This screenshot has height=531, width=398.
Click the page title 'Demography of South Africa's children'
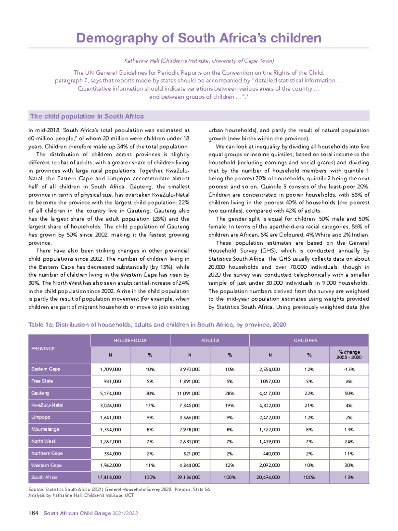click(x=199, y=38)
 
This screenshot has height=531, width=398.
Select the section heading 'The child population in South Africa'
click(x=87, y=116)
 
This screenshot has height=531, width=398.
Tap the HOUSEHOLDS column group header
click(x=130, y=340)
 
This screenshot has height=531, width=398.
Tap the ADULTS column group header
click(x=210, y=340)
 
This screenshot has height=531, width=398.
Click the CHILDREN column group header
click(x=305, y=340)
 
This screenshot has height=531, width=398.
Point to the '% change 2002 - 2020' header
click(x=349, y=355)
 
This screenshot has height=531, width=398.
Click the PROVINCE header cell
click(x=43, y=349)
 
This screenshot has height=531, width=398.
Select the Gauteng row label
click(x=40, y=393)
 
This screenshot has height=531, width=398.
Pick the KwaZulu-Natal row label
click(x=47, y=405)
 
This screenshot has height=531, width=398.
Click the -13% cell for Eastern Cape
click(x=349, y=369)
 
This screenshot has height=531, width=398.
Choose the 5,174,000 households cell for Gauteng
click(x=110, y=394)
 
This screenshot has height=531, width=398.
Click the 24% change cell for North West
click(x=349, y=442)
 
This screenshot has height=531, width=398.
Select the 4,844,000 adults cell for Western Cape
click(x=190, y=466)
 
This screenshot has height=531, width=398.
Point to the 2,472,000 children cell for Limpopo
click(x=269, y=418)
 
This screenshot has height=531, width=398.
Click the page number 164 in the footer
click(x=33, y=513)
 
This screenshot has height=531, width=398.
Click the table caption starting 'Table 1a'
click(x=157, y=325)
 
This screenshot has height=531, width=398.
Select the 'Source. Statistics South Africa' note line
click(x=120, y=489)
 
